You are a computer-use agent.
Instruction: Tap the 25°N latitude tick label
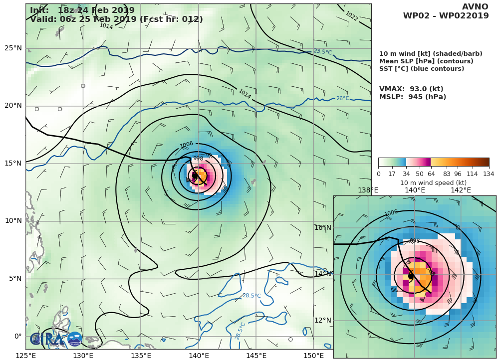tap(13, 48)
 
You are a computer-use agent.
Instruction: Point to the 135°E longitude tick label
tap(141, 356)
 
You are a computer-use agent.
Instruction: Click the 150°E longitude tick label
tap(313, 356)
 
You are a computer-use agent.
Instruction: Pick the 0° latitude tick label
tap(17, 336)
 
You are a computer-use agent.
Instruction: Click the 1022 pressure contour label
tap(351, 16)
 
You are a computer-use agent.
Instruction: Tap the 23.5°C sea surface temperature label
tap(323, 52)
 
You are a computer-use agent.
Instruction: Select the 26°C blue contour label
tap(342, 99)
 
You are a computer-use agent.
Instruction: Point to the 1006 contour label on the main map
tap(187, 145)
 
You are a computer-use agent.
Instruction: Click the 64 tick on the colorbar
tap(431, 174)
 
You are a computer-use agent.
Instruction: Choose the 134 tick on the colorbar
tap(489, 174)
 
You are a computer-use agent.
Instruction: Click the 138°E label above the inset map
tap(368, 190)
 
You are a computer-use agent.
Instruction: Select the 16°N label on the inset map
tap(323, 228)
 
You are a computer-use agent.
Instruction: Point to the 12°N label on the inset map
tap(323, 320)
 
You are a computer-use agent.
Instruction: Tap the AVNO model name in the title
tap(475, 7)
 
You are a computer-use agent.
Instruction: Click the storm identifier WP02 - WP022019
tap(446, 16)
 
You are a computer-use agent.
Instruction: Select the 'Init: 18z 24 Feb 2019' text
tap(82, 10)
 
